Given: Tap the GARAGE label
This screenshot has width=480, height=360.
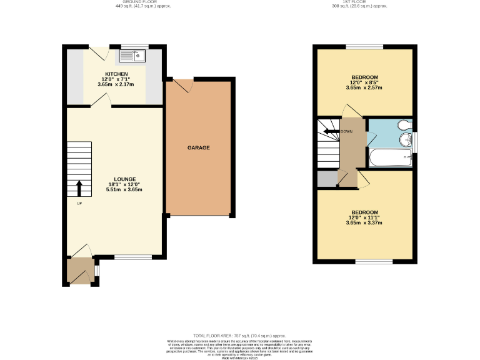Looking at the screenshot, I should click(x=199, y=148).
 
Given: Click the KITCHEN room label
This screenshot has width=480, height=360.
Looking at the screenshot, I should click(x=117, y=74).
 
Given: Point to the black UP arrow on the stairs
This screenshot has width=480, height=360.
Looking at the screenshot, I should click(x=79, y=187).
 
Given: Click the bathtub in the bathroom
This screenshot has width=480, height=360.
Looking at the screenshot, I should click(x=390, y=159).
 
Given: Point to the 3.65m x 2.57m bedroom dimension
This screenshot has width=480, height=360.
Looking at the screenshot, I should click(x=364, y=88).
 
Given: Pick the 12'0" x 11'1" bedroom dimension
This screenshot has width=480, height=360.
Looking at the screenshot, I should click(x=364, y=217).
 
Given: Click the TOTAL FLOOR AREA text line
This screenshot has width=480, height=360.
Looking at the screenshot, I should click(x=239, y=336).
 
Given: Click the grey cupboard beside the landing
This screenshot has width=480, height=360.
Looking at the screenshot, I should click(x=326, y=179).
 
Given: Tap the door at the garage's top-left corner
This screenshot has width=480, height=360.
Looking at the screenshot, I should click(x=181, y=85).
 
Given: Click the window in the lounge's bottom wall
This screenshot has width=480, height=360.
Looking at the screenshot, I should click(x=132, y=257).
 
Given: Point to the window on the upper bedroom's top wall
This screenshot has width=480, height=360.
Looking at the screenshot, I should click(x=365, y=46).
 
